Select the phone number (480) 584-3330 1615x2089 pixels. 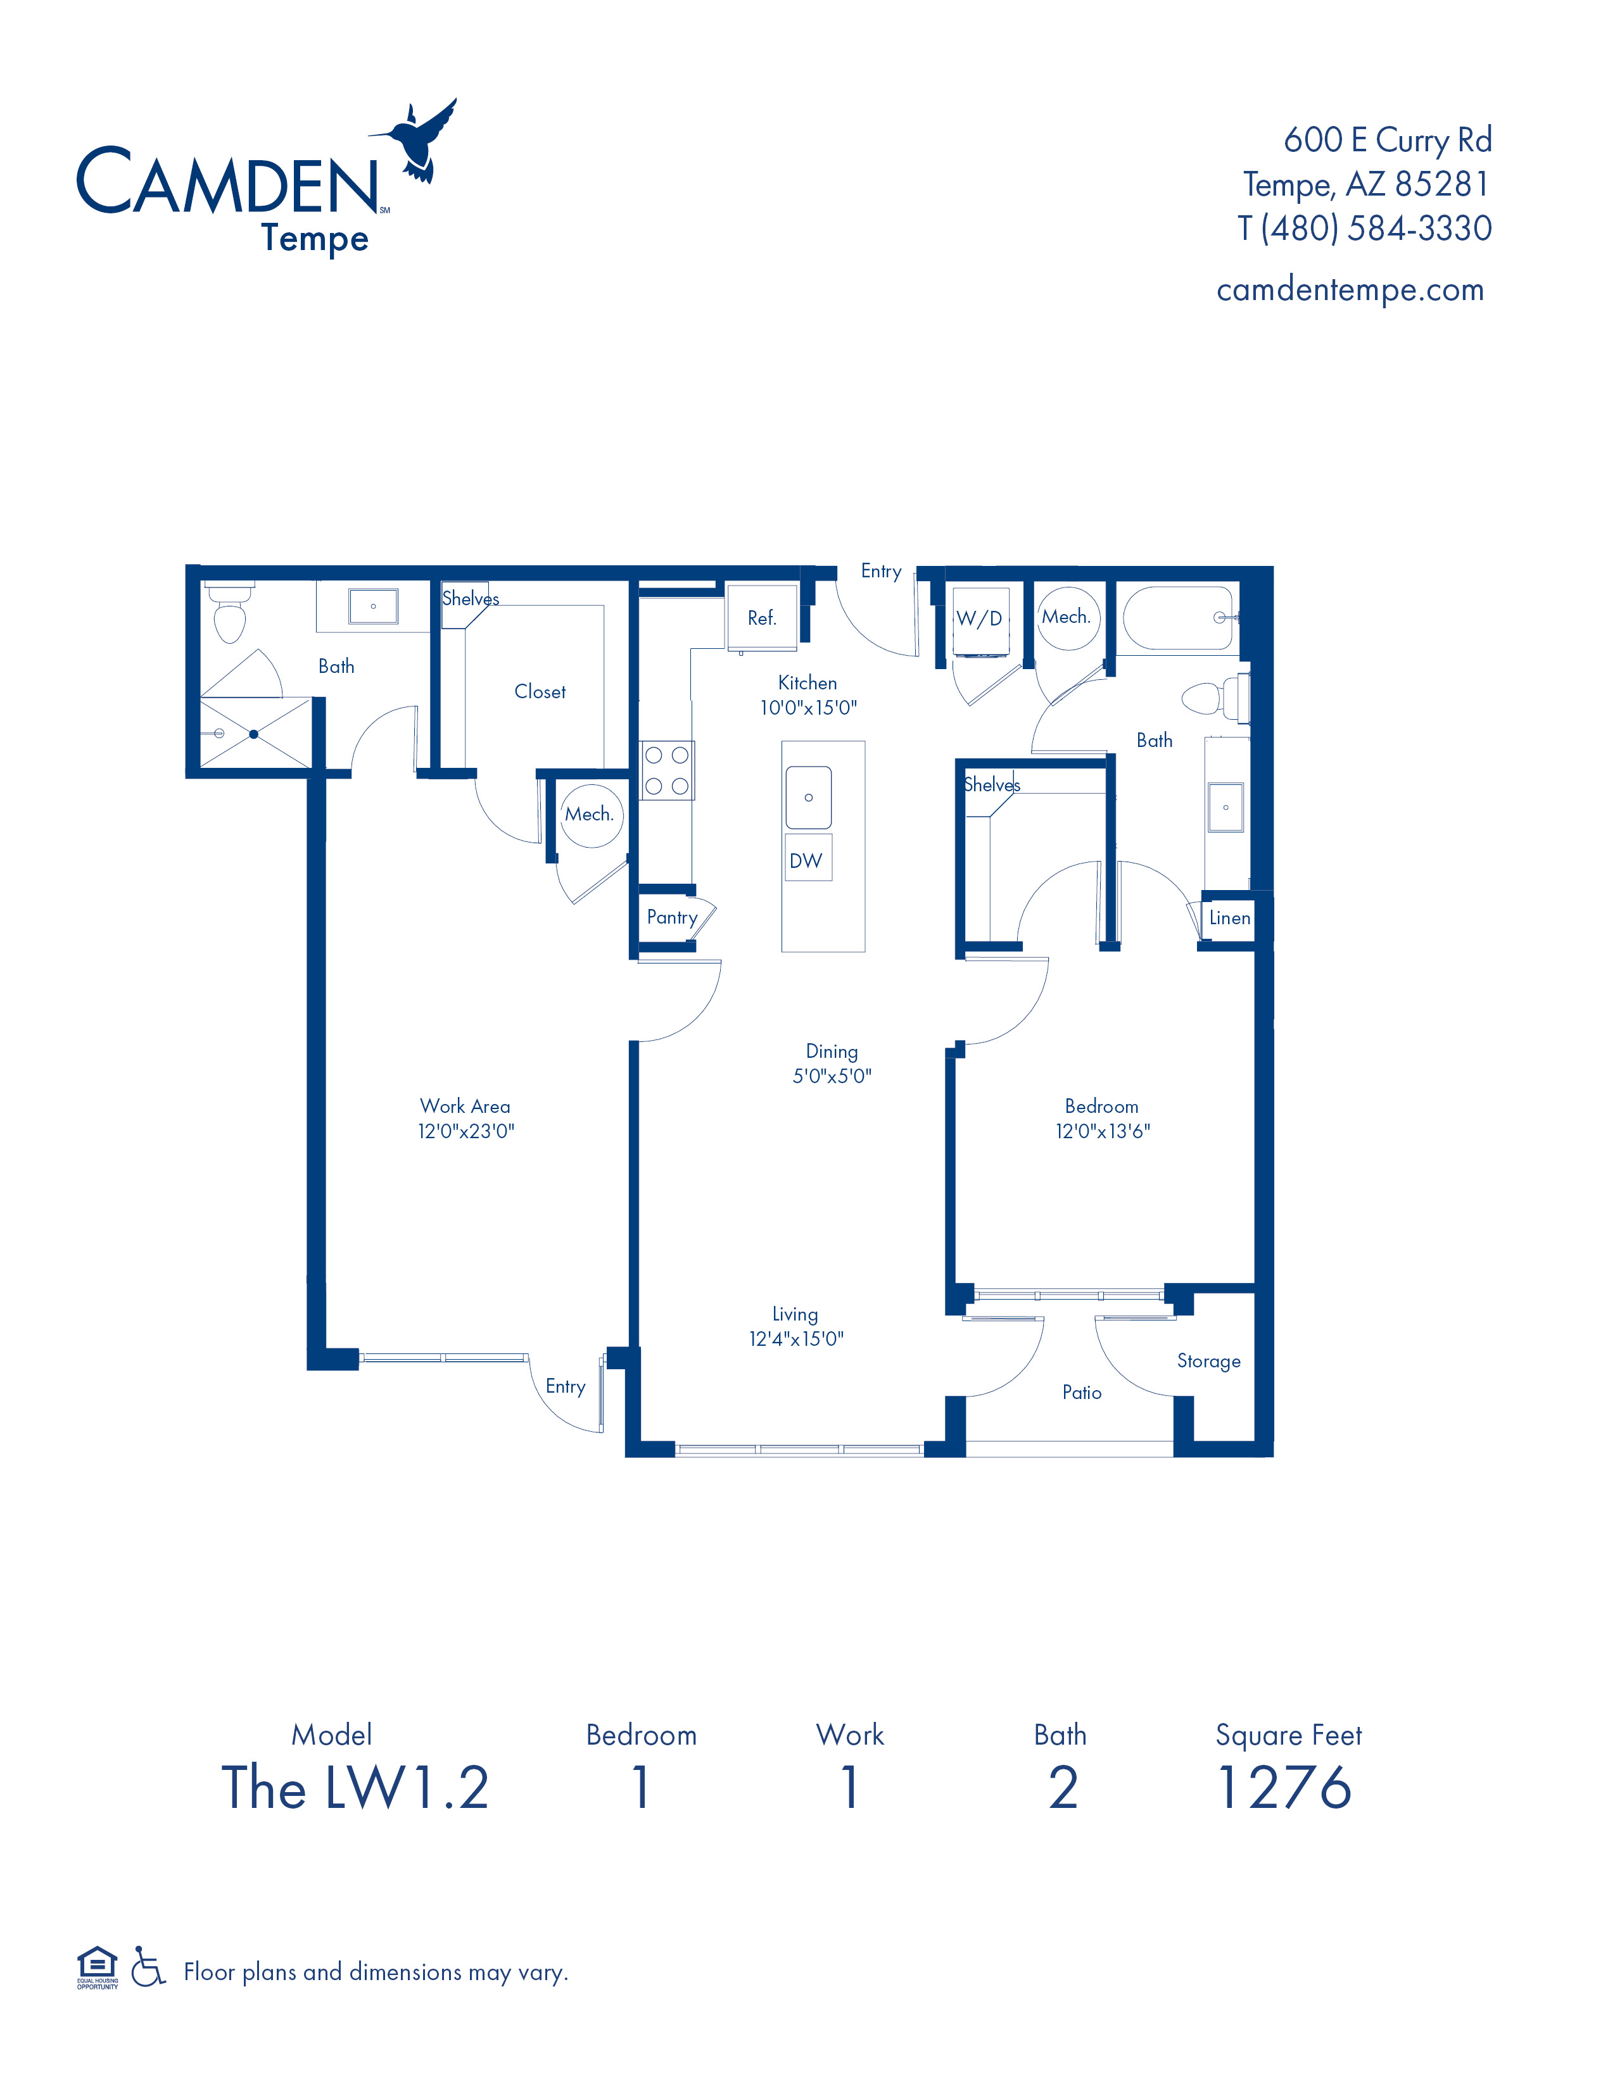pyautogui.click(x=1376, y=228)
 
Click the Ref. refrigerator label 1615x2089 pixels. pyautogui.click(x=761, y=618)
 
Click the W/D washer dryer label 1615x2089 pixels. pyautogui.click(x=978, y=618)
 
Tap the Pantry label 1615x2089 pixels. pyautogui.click(x=671, y=917)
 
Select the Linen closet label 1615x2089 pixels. pyautogui.click(x=1229, y=919)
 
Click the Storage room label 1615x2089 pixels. pyautogui.click(x=1208, y=1361)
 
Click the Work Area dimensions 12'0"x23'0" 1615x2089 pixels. pyautogui.click(x=466, y=1131)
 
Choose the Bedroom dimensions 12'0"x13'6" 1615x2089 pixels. pyautogui.click(x=1102, y=1131)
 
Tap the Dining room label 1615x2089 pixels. pyautogui.click(x=832, y=1051)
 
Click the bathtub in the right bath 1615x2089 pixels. pyautogui.click(x=1179, y=618)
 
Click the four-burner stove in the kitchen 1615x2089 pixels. pyautogui.click(x=667, y=770)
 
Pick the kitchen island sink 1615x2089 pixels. pyautogui.click(x=809, y=797)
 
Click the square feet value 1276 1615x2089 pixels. pyautogui.click(x=1284, y=1788)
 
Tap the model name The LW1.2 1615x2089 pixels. pyautogui.click(x=355, y=1788)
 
